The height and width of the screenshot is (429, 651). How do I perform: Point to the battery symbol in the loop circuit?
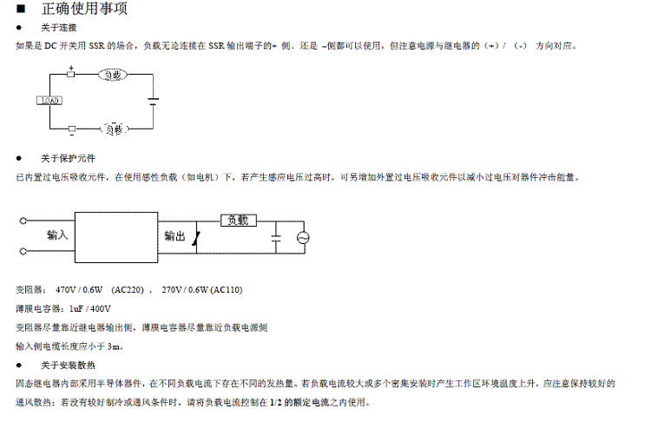[x=154, y=102]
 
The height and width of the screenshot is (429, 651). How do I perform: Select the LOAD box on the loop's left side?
[x=49, y=102]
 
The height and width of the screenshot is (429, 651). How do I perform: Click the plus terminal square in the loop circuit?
[x=71, y=75]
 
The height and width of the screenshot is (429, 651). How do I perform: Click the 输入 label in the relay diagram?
[x=57, y=235]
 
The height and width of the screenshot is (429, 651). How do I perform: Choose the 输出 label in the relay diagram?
[x=174, y=236]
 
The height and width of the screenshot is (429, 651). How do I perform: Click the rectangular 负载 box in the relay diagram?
[x=237, y=221]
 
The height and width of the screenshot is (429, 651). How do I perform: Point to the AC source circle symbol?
[x=303, y=237]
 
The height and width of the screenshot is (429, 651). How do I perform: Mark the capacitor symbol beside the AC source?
[x=275, y=236]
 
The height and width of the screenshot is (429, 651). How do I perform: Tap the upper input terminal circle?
[x=21, y=221]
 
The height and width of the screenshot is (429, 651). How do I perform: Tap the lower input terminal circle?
[x=21, y=251]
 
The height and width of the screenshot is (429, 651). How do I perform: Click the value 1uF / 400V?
[x=84, y=308]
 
